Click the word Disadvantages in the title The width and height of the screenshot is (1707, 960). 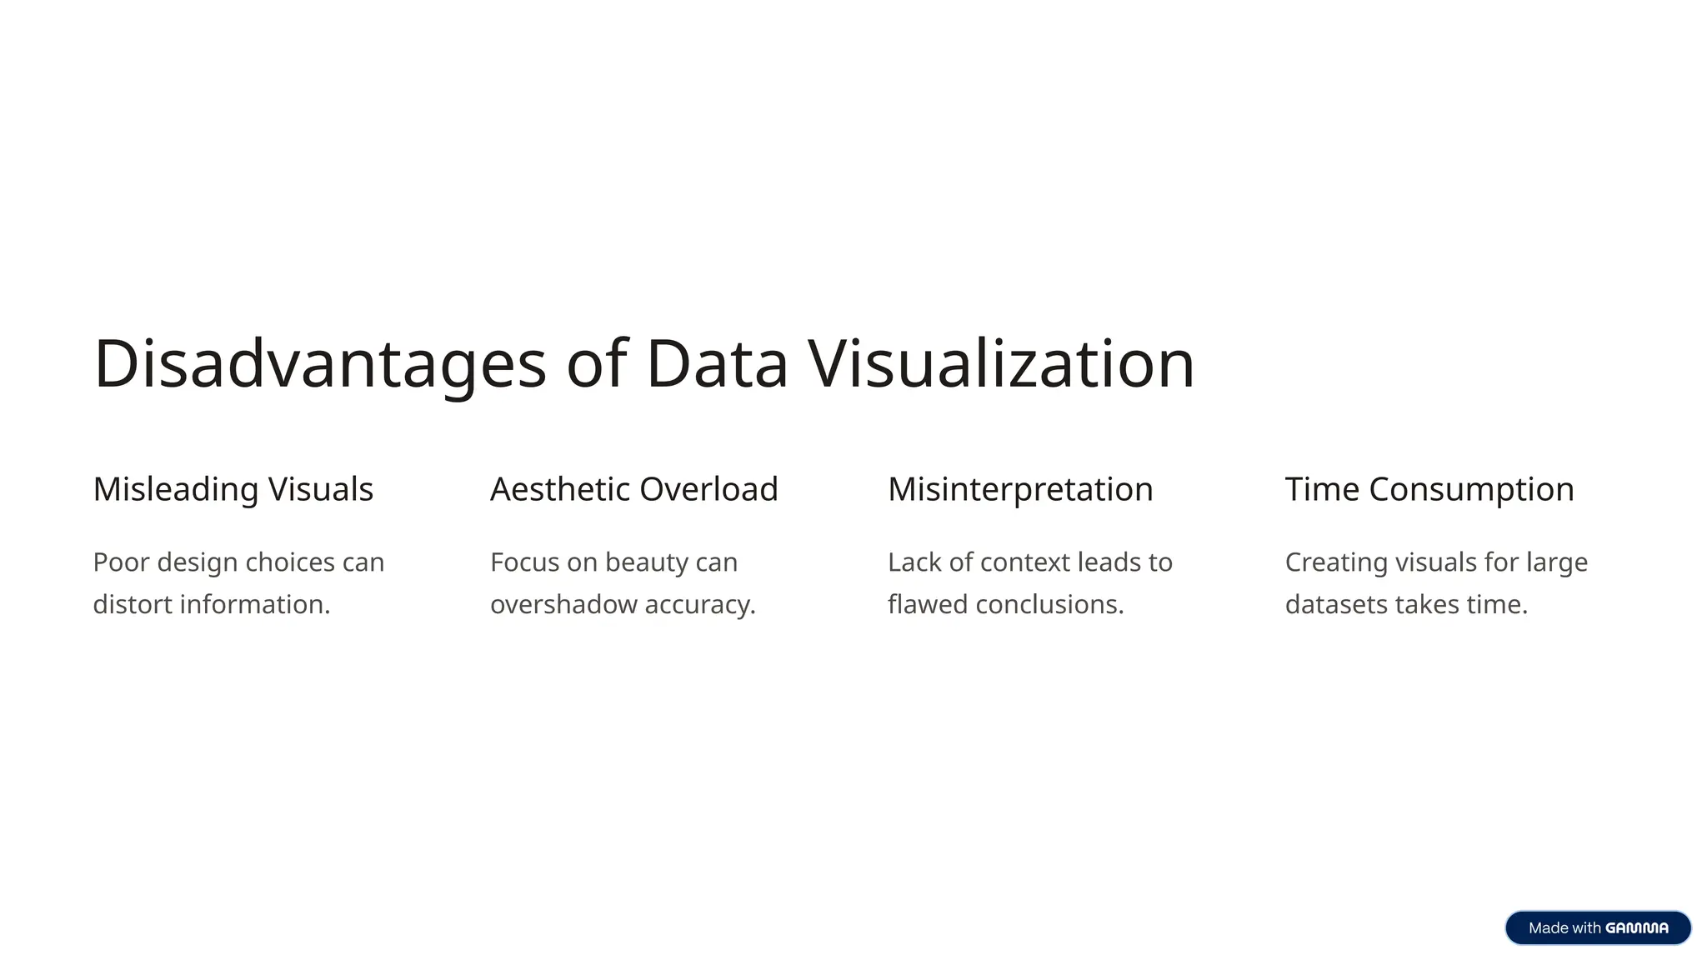pyautogui.click(x=320, y=364)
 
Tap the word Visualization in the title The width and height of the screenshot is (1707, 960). pyautogui.click(x=1001, y=364)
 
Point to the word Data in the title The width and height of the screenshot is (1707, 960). pyautogui.click(x=717, y=364)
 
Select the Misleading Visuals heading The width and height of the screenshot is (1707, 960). pyautogui.click(x=233, y=489)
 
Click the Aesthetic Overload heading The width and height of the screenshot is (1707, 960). pyautogui.click(x=634, y=489)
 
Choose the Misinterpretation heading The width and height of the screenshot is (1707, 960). pyautogui.click(x=1020, y=489)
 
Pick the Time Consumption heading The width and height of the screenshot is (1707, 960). pyautogui.click(x=1429, y=489)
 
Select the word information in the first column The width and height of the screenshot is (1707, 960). pyautogui.click(x=254, y=604)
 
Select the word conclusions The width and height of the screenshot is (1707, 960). pyautogui.click(x=1049, y=604)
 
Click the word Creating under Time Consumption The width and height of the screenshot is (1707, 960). pyautogui.click(x=1335, y=562)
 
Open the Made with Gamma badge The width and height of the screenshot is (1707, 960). pyautogui.click(x=1598, y=927)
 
